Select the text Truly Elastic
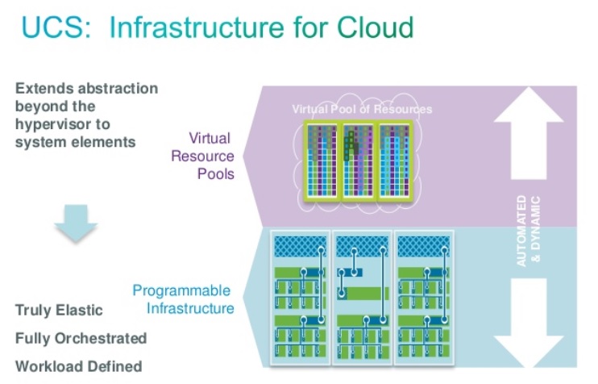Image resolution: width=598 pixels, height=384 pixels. (x=59, y=310)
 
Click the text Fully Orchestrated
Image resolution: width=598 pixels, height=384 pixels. (x=81, y=337)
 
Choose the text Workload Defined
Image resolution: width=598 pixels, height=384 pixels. (x=78, y=365)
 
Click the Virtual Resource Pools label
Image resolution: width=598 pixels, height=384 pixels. (x=202, y=155)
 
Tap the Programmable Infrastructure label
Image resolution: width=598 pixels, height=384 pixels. (x=182, y=299)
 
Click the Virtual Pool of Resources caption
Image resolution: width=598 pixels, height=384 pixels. (x=362, y=109)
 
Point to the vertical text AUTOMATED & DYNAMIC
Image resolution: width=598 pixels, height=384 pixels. (x=528, y=231)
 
